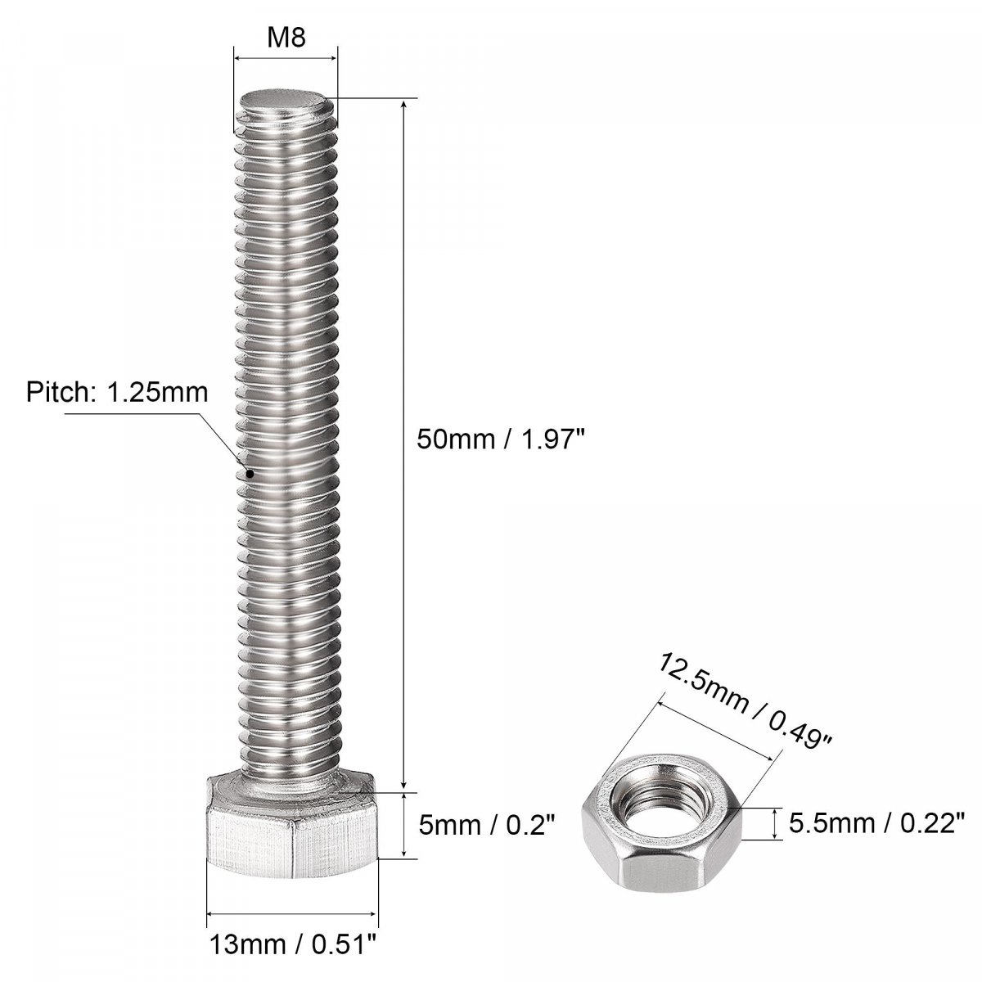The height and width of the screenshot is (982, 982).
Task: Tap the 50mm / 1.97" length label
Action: (498, 439)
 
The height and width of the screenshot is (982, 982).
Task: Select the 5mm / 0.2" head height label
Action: (486, 825)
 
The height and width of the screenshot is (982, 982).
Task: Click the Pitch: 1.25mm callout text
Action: (117, 393)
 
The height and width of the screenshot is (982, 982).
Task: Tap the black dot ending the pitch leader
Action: (250, 474)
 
